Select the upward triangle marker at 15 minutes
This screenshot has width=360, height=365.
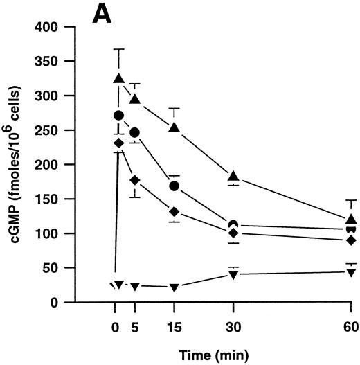(x=174, y=127)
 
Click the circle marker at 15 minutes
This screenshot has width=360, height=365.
(x=174, y=186)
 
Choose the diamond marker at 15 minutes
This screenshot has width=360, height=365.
(x=174, y=211)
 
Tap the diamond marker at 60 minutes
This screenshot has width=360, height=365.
(x=352, y=240)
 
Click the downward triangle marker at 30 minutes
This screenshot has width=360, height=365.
(x=234, y=275)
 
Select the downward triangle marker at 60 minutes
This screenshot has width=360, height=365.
(x=352, y=272)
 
